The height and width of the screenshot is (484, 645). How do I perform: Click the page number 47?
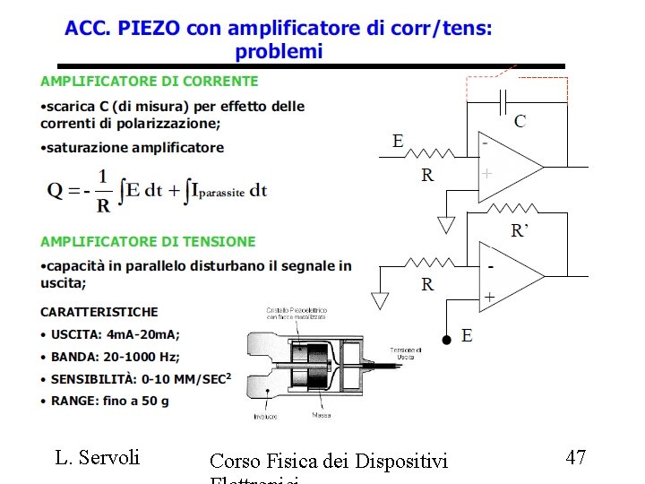(576, 457)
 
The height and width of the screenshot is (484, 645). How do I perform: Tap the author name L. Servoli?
(98, 457)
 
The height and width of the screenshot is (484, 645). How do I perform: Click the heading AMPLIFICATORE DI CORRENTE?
(149, 81)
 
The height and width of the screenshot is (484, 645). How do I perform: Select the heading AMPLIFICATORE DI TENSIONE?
(148, 241)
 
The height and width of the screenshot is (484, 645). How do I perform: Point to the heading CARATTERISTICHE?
(99, 312)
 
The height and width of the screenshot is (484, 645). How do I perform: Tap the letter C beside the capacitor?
(520, 121)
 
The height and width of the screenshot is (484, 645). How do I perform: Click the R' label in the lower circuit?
(520, 231)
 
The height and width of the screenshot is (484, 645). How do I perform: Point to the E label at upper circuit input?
(398, 141)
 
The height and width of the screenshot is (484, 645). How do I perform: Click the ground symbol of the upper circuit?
(446, 222)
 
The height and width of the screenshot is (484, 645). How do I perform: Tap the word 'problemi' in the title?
(279, 51)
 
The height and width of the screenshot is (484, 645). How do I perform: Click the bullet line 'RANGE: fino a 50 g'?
(110, 401)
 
